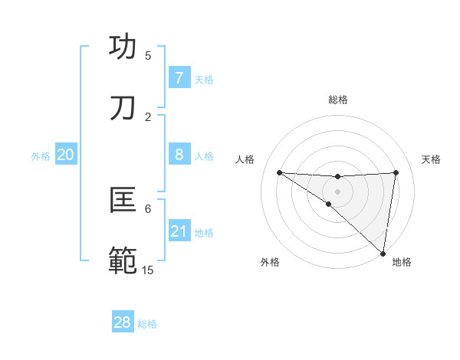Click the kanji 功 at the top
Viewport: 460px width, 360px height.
(x=123, y=47)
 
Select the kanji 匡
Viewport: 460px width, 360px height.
(x=123, y=201)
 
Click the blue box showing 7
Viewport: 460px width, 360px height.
(x=179, y=77)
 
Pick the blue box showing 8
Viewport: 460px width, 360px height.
(x=179, y=155)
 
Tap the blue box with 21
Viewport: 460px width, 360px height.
(x=179, y=231)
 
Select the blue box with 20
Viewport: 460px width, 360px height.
(x=66, y=155)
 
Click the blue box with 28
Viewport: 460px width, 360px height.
(x=123, y=322)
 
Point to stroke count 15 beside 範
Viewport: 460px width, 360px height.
(x=148, y=270)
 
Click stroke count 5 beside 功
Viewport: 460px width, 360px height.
(x=148, y=55)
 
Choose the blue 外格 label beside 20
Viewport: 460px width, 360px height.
(x=41, y=156)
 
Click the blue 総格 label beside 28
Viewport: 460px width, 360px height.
(x=147, y=324)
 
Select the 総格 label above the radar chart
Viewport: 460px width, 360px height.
(x=338, y=100)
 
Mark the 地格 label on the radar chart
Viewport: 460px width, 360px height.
(x=402, y=263)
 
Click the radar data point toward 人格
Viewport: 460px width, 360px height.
(x=279, y=172)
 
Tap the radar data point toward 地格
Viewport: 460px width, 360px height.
(x=383, y=254)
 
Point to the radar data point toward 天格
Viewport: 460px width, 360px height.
(x=396, y=172)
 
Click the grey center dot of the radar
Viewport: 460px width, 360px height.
(x=338, y=191)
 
